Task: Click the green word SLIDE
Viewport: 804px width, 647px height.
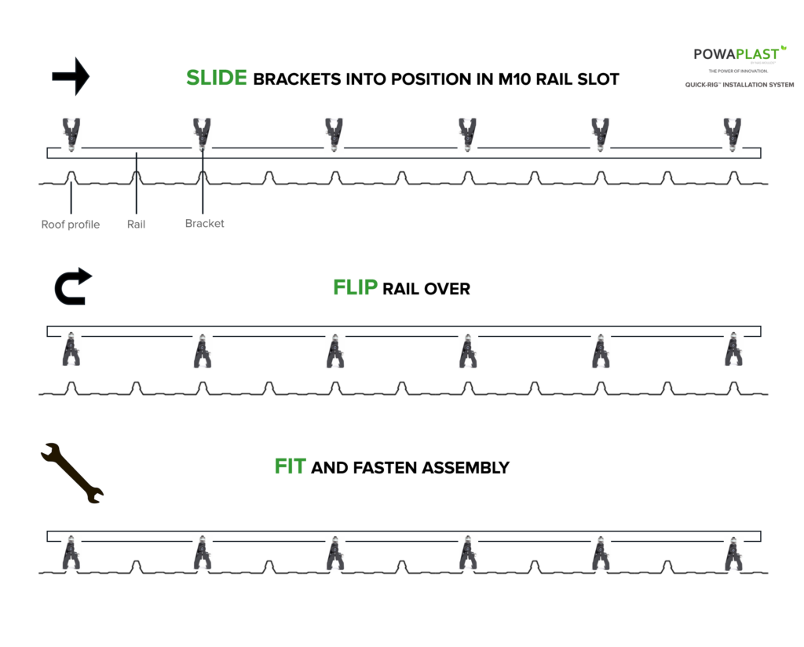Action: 217,78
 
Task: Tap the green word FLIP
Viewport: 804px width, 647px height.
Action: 355,288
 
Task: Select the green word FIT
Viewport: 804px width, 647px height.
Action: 290,467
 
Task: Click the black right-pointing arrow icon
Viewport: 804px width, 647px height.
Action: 71,77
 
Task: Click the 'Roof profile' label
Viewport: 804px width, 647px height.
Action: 71,225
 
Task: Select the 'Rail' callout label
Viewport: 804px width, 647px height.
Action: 136,225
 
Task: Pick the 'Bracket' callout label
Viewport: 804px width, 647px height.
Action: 204,224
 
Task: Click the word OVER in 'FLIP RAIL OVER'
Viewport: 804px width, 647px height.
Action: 448,289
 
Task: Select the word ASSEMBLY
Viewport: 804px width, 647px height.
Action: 466,468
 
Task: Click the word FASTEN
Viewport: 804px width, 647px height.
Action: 382,468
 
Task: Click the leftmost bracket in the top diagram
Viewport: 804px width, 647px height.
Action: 71,133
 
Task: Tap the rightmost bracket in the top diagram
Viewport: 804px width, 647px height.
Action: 733,133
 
